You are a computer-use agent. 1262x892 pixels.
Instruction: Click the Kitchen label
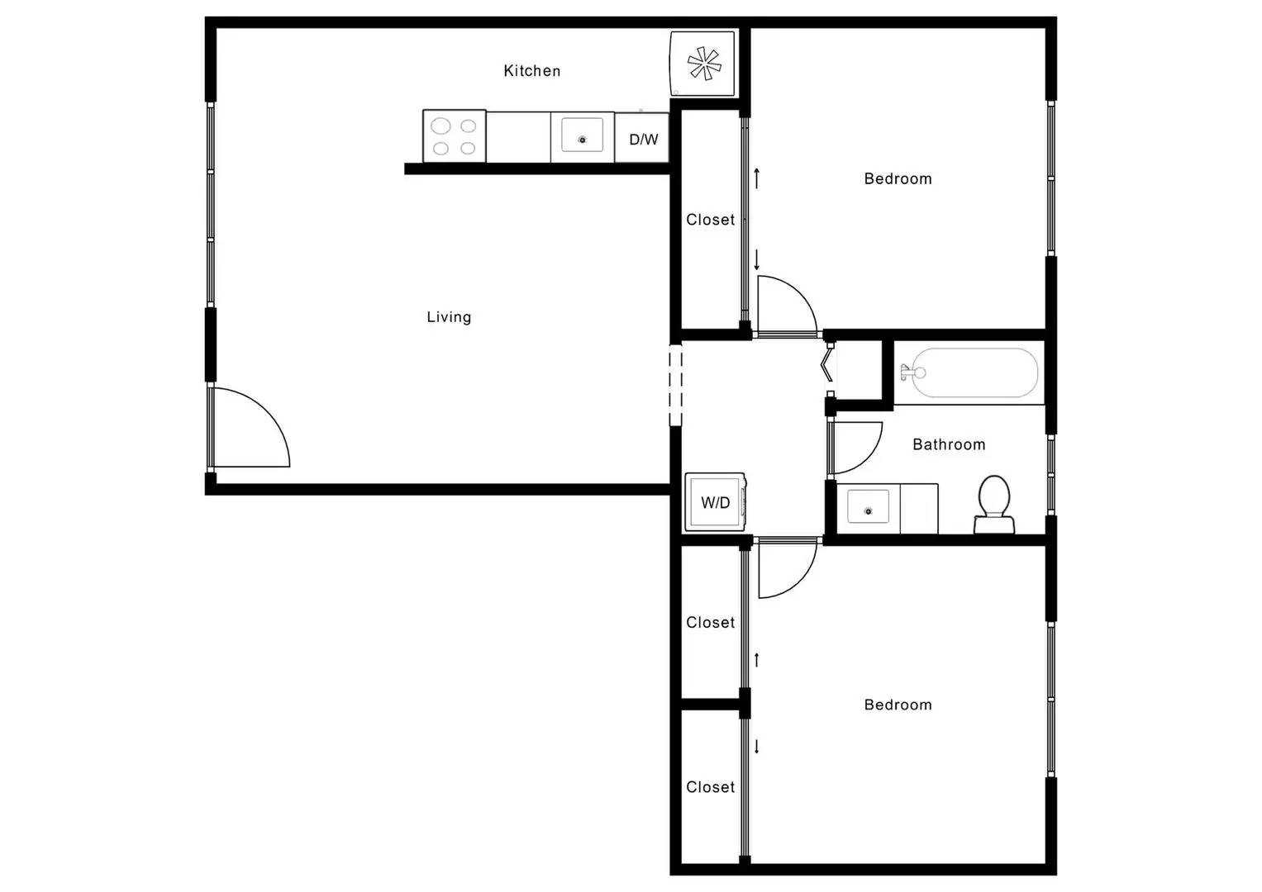pyautogui.click(x=531, y=71)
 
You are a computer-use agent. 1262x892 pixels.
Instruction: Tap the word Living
pyautogui.click(x=449, y=317)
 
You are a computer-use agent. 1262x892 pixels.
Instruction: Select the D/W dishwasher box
pyautogui.click(x=642, y=139)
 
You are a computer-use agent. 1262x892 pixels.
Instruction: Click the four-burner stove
pyautogui.click(x=454, y=136)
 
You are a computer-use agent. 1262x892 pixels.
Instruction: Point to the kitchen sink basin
pyautogui.click(x=582, y=135)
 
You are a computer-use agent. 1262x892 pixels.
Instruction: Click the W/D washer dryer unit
pyautogui.click(x=716, y=502)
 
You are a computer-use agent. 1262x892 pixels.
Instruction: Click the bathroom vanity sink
pyautogui.click(x=867, y=507)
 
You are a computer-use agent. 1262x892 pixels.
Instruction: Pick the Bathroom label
pyautogui.click(x=948, y=444)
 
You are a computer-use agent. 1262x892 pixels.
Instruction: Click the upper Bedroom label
pyautogui.click(x=898, y=178)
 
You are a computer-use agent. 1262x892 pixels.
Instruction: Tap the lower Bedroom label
pyautogui.click(x=898, y=705)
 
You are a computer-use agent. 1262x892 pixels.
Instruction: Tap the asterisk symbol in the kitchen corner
pyautogui.click(x=703, y=64)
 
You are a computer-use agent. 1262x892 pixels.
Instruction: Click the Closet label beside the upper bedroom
pyautogui.click(x=710, y=220)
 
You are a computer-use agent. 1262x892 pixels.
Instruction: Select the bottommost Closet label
pyautogui.click(x=710, y=787)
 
